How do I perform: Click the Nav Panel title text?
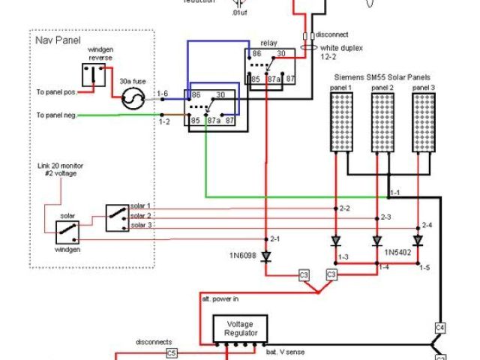tap(58, 39)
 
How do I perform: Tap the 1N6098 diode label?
tap(243, 256)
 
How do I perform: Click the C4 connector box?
tap(440, 327)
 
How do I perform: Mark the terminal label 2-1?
tap(275, 238)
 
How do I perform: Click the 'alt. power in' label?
tap(221, 298)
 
